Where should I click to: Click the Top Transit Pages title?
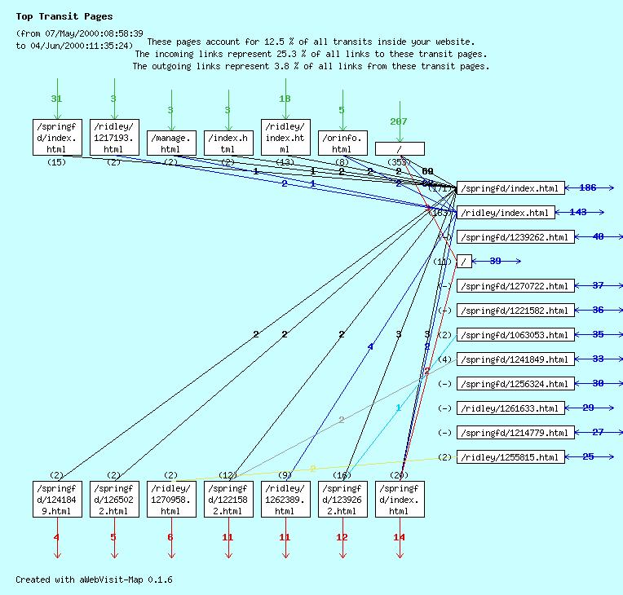pos(64,16)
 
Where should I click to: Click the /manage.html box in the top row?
pos(171,143)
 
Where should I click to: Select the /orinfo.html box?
pos(342,143)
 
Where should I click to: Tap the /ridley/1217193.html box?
pos(114,137)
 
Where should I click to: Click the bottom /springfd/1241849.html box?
pos(57,499)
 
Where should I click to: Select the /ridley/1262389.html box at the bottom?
pos(285,499)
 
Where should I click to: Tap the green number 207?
pos(399,121)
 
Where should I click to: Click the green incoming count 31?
pos(56,99)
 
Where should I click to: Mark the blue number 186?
pos(587,188)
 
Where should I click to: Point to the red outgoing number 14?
pos(399,537)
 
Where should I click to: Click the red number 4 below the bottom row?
pos(56,537)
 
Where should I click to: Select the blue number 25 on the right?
pos(588,456)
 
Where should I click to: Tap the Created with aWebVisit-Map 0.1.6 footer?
pos(94,580)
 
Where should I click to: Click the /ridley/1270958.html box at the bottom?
pos(171,499)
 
